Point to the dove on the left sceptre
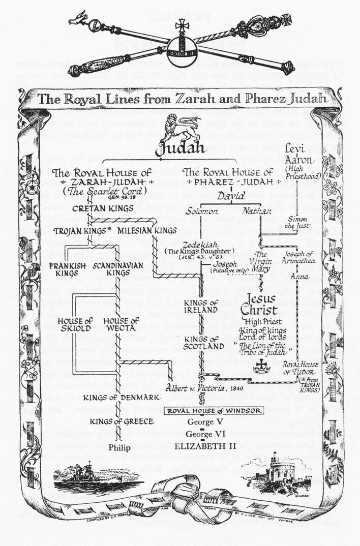pyautogui.click(x=77, y=19)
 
